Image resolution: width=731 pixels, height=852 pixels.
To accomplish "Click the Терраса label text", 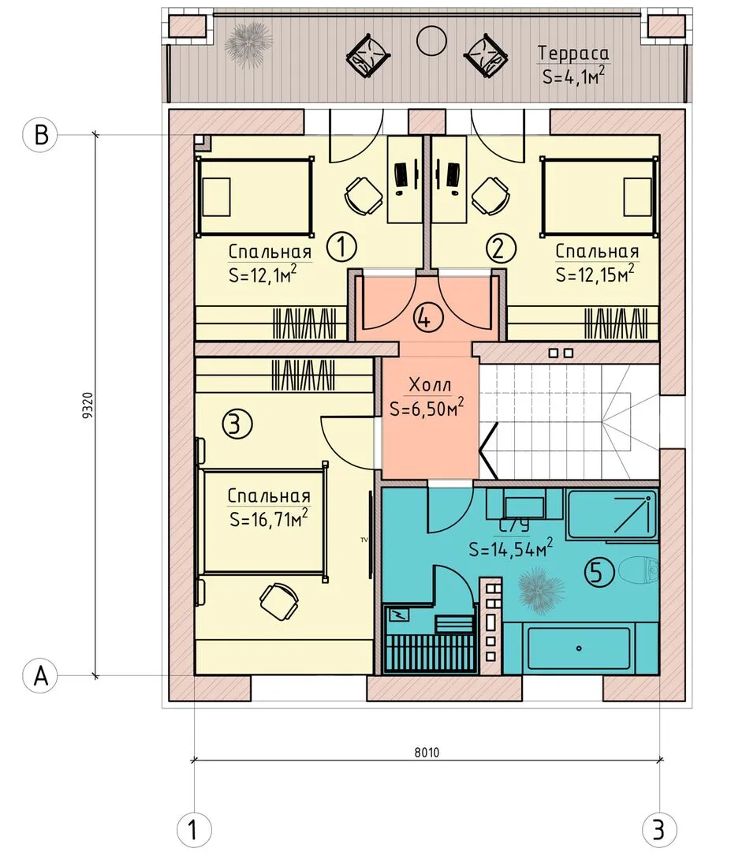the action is (573, 54).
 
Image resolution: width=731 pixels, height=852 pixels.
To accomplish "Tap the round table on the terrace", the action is (431, 41).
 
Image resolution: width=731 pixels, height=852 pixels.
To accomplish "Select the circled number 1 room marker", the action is (341, 247).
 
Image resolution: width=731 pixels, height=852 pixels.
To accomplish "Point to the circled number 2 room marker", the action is (500, 248).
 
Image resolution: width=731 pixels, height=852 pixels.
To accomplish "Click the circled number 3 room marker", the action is (237, 424).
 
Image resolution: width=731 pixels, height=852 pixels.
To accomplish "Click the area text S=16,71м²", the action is (268, 518).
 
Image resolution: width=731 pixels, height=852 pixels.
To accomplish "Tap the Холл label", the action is (430, 385).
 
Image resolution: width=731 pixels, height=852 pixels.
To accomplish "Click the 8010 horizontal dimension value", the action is (427, 753).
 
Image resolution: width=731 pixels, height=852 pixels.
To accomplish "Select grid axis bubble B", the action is (39, 134).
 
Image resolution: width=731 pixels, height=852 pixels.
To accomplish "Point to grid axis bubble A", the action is (39, 676).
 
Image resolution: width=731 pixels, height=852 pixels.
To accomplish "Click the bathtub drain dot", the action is (579, 648).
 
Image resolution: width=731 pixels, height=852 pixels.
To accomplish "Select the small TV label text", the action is (364, 540).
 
